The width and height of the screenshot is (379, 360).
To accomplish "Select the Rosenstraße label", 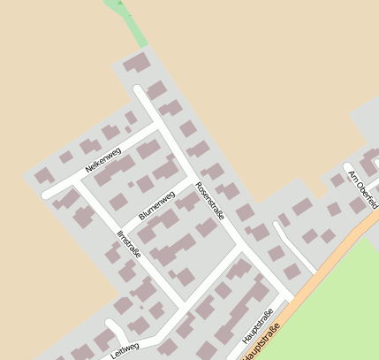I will pyautogui.click(x=210, y=202).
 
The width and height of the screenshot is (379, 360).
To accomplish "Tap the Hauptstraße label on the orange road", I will pyautogui.click(x=261, y=344).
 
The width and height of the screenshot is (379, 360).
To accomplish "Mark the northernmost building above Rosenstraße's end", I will pyautogui.click(x=136, y=63).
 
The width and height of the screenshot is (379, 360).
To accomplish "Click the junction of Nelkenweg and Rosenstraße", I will pyautogui.click(x=159, y=125).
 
